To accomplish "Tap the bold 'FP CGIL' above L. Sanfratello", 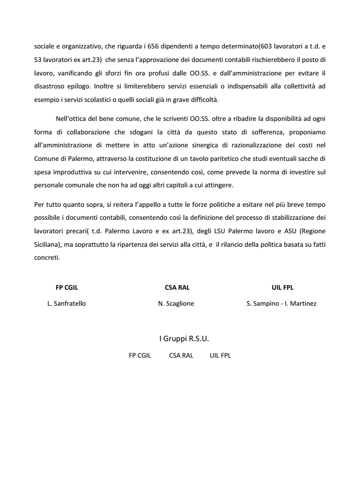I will pyautogui.click(x=66, y=288).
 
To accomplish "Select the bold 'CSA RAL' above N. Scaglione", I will pyautogui.click(x=177, y=288).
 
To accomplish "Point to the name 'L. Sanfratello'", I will pyautogui.click(x=66, y=303).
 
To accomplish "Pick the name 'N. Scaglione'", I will pyautogui.click(x=176, y=303).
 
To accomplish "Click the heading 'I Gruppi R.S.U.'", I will pyautogui.click(x=184, y=339).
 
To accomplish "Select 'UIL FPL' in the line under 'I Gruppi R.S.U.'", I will pyautogui.click(x=217, y=356).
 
